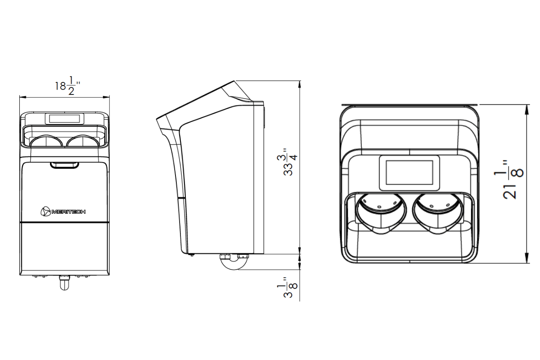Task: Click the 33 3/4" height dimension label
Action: point(287,162)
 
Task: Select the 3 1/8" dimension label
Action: point(287,287)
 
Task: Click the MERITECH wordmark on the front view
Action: point(68,212)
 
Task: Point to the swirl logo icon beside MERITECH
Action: point(45,211)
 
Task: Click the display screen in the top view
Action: point(409,173)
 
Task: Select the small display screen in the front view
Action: point(64,119)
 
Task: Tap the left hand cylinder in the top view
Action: point(381,213)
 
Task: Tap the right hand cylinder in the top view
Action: point(438,213)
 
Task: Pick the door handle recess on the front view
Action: point(64,165)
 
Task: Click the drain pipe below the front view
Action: point(64,283)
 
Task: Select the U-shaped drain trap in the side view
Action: point(234,262)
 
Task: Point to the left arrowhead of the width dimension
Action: point(23,97)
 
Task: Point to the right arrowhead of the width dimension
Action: point(106,97)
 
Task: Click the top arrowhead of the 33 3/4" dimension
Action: point(300,84)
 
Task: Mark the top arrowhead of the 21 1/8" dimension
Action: point(527,108)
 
